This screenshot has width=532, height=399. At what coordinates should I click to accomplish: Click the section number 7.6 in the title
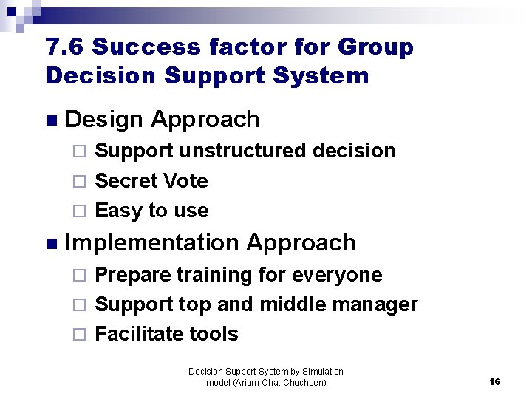[64, 47]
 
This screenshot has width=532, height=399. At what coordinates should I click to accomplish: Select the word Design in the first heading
[104, 119]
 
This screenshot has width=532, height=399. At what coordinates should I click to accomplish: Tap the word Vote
[185, 181]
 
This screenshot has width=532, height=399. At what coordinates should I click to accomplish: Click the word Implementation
[152, 242]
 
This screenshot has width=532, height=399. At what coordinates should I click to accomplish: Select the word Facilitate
[137, 334]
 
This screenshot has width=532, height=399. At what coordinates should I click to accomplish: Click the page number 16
[494, 382]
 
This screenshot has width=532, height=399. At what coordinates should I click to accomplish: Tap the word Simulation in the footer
[320, 372]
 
